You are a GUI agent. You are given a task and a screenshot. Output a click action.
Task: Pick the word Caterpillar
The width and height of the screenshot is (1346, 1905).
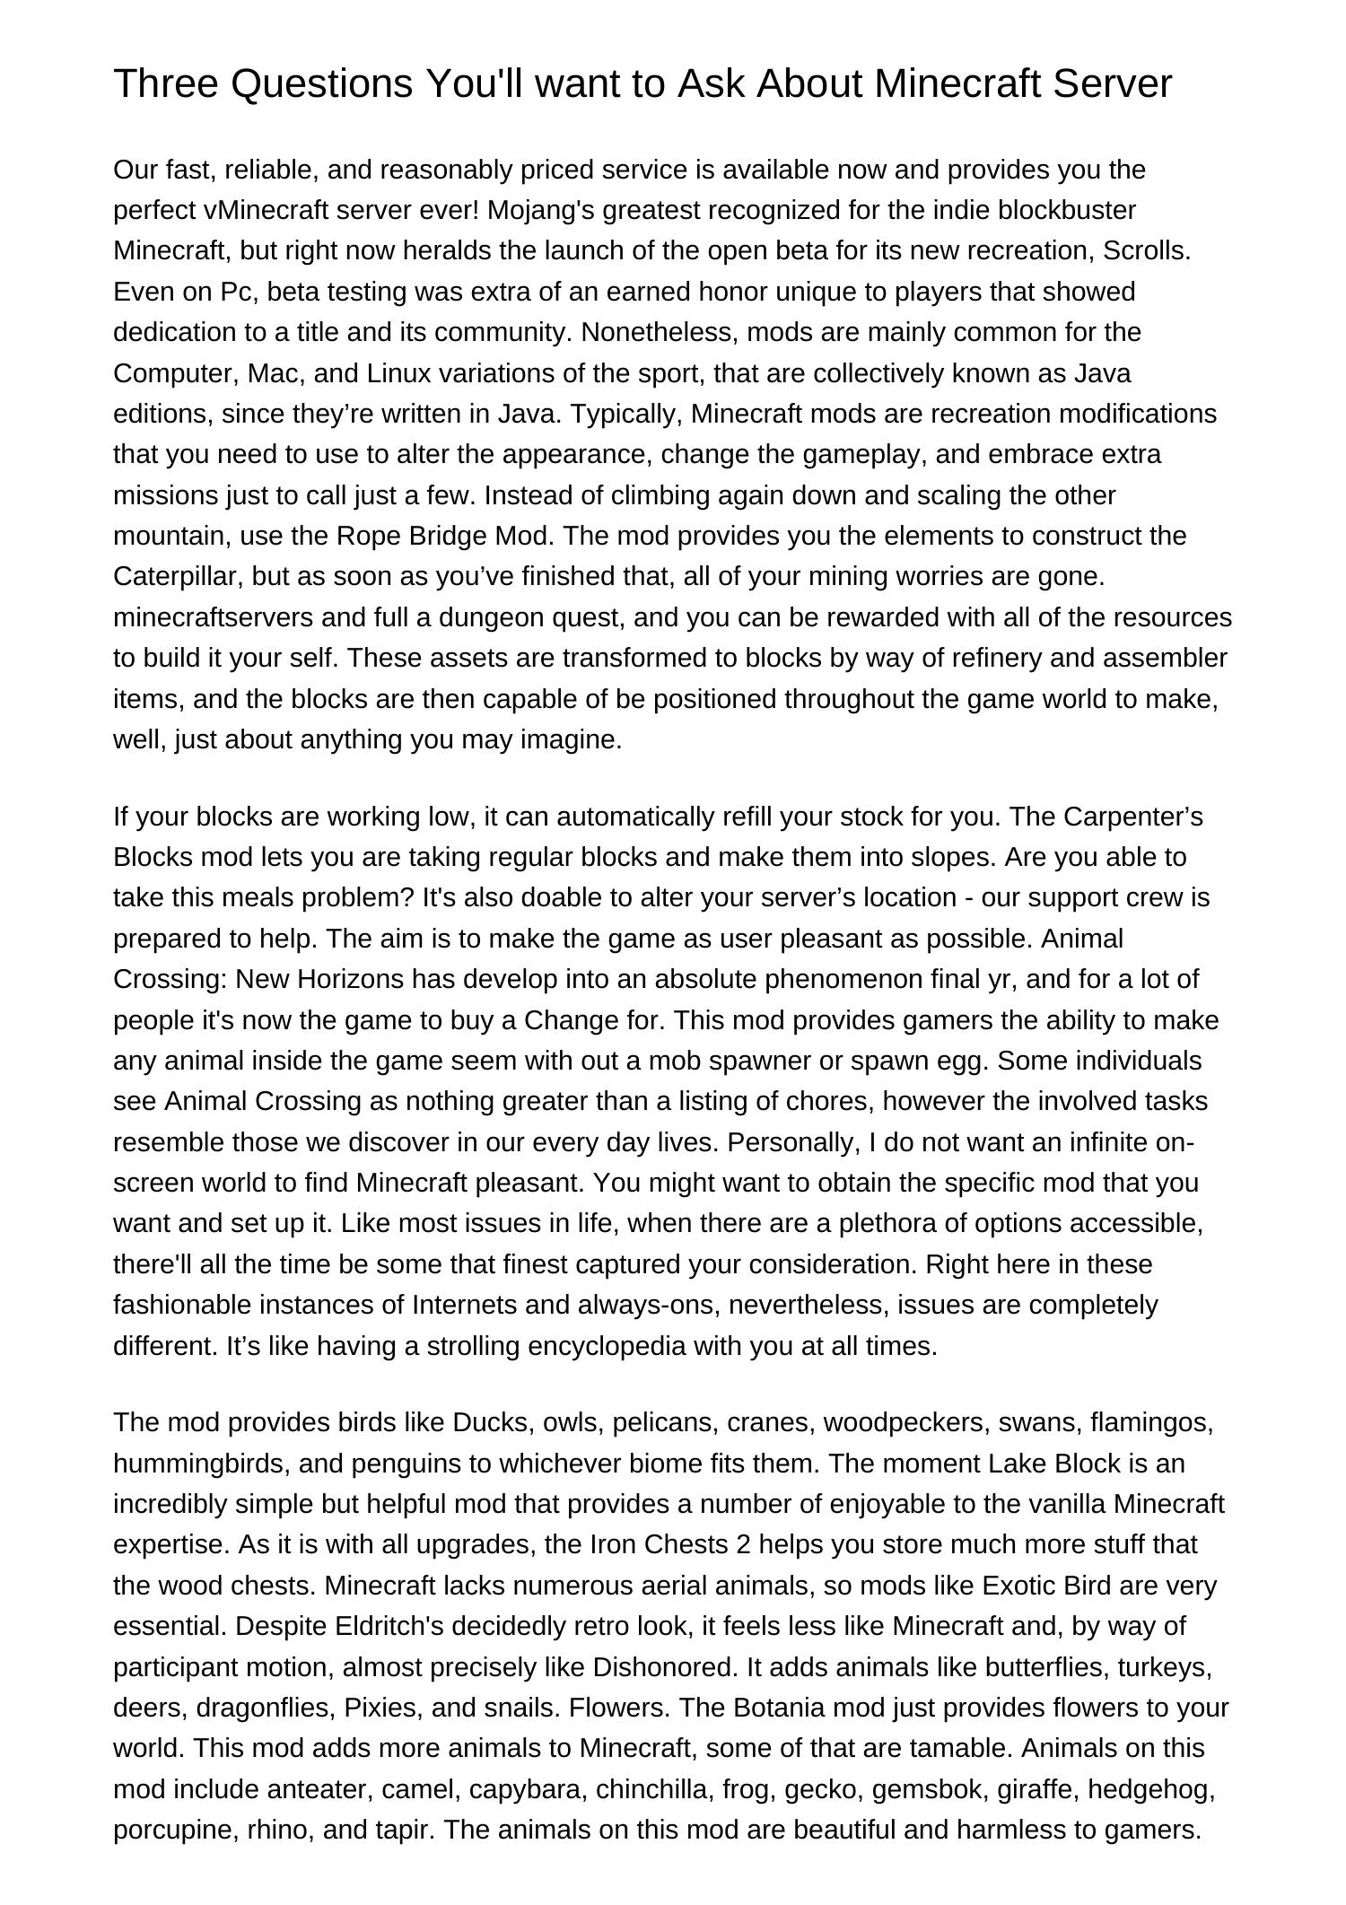tap(178, 576)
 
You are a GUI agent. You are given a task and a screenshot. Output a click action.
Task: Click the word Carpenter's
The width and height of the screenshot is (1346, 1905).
tap(1132, 817)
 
